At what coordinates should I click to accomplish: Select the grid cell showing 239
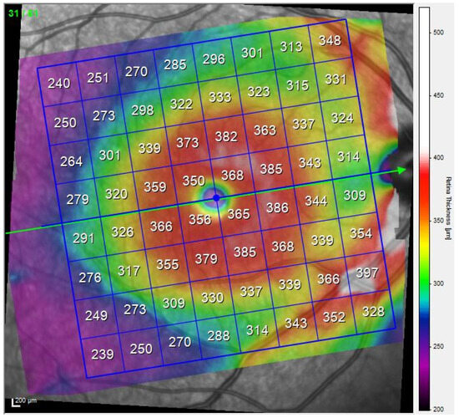[x=102, y=354]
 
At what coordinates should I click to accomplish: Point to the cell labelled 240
[x=58, y=84]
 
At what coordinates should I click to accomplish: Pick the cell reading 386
[x=276, y=206]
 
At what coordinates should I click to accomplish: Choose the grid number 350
[x=194, y=181]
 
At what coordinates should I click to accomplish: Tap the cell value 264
[x=72, y=161]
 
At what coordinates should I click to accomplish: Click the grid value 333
[x=220, y=97]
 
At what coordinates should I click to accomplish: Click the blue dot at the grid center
[x=216, y=198]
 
